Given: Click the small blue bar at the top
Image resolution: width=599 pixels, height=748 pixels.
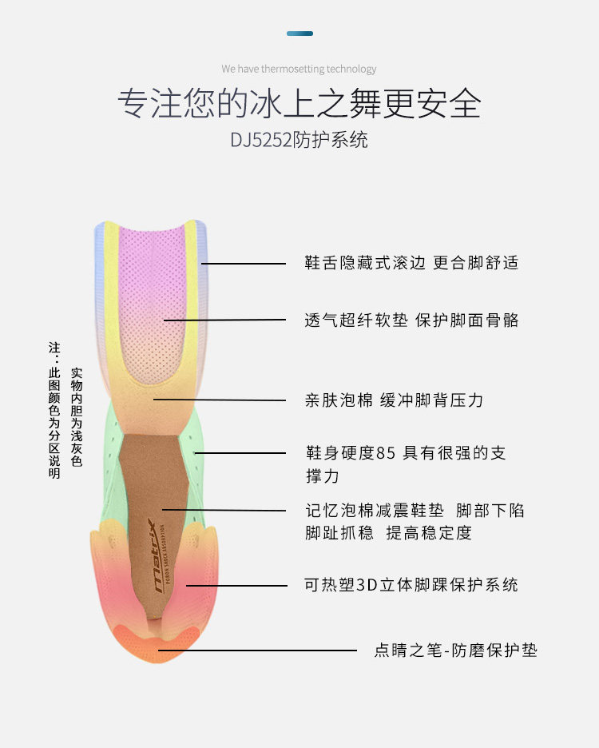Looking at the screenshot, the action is [299, 34].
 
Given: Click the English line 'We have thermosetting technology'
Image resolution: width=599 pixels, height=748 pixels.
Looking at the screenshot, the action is [299, 69].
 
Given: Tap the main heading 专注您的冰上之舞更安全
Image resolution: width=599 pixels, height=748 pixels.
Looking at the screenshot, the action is [299, 103].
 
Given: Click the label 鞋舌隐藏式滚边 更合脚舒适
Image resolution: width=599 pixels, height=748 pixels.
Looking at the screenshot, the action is [411, 263].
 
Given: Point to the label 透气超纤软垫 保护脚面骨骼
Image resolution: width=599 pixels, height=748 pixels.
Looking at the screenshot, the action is [411, 320].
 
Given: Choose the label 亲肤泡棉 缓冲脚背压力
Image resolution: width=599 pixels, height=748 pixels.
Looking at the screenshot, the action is [394, 400].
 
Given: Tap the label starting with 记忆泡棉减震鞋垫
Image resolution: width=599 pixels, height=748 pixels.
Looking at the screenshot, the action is [415, 521].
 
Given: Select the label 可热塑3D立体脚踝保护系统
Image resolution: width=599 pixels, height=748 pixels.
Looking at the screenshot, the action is [411, 584].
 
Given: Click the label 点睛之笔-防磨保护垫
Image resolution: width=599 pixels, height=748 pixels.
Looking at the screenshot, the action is [455, 650].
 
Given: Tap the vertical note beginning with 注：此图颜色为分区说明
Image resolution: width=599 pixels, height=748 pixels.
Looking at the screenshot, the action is [54, 410].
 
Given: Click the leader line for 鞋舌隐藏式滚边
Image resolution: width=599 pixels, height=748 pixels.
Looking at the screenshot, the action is [244, 263].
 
